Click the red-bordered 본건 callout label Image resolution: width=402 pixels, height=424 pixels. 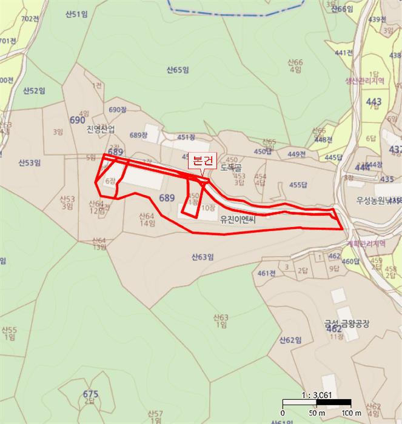[201, 162]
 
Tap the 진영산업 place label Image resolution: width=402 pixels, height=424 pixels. [101, 128]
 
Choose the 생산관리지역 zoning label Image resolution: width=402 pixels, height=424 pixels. [365, 81]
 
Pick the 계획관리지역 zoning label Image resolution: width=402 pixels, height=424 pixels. [366, 243]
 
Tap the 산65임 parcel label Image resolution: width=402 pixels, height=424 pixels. [178, 70]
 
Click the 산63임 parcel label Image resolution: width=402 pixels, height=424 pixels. [203, 257]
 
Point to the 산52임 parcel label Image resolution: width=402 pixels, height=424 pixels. [34, 91]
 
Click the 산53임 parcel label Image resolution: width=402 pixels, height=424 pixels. [29, 162]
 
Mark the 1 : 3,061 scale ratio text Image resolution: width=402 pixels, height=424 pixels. [316, 395]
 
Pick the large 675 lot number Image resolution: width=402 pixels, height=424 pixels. [90, 394]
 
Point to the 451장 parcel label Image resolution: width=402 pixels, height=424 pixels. [186, 137]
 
